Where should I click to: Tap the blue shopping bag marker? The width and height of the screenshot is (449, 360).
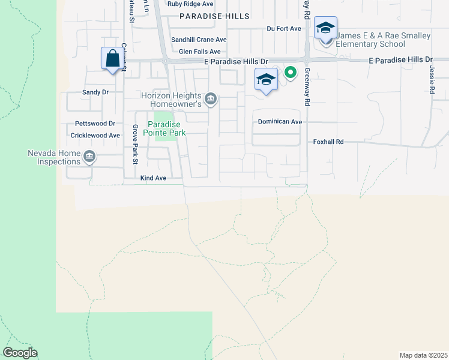coord(112,59)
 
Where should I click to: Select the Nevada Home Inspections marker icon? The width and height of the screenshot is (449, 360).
coord(89,157)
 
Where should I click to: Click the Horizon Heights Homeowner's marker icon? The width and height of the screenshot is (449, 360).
coord(211,99)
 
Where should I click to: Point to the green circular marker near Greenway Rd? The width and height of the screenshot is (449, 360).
coord(291,73)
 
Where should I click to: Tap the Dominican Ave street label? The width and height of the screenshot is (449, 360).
coord(279,121)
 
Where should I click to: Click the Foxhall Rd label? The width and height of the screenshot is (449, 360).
coord(328,142)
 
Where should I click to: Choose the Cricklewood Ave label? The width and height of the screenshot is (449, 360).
coord(95,136)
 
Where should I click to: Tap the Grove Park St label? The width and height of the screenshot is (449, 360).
coord(135,145)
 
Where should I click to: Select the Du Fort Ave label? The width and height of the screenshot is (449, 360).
coord(283,28)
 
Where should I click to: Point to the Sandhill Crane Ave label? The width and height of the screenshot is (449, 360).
coord(199,40)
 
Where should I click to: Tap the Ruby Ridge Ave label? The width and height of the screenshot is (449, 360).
coord(190,4)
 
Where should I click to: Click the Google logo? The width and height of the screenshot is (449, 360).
coord(20,353)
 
